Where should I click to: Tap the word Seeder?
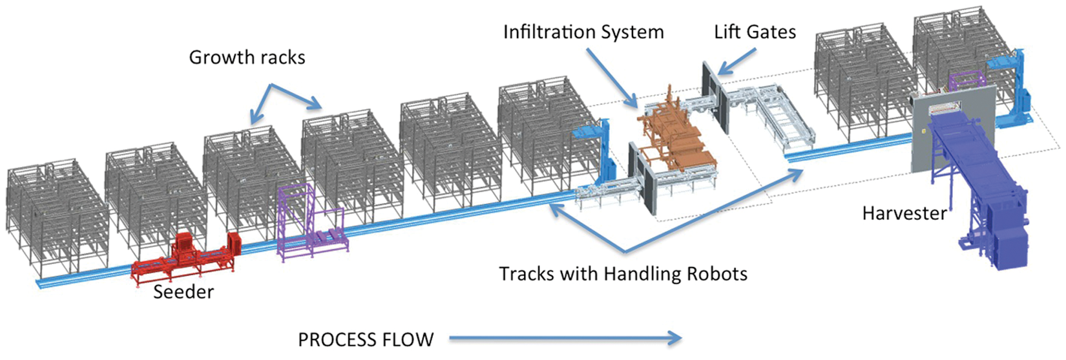(183, 292)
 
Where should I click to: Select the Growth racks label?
(247, 58)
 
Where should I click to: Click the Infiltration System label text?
(583, 32)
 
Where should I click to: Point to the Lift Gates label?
(755, 32)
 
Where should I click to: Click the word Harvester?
(904, 213)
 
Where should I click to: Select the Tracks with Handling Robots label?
(623, 274)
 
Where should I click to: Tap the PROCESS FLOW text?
(366, 340)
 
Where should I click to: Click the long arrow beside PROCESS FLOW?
(565, 339)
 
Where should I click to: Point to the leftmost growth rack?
(56, 219)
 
